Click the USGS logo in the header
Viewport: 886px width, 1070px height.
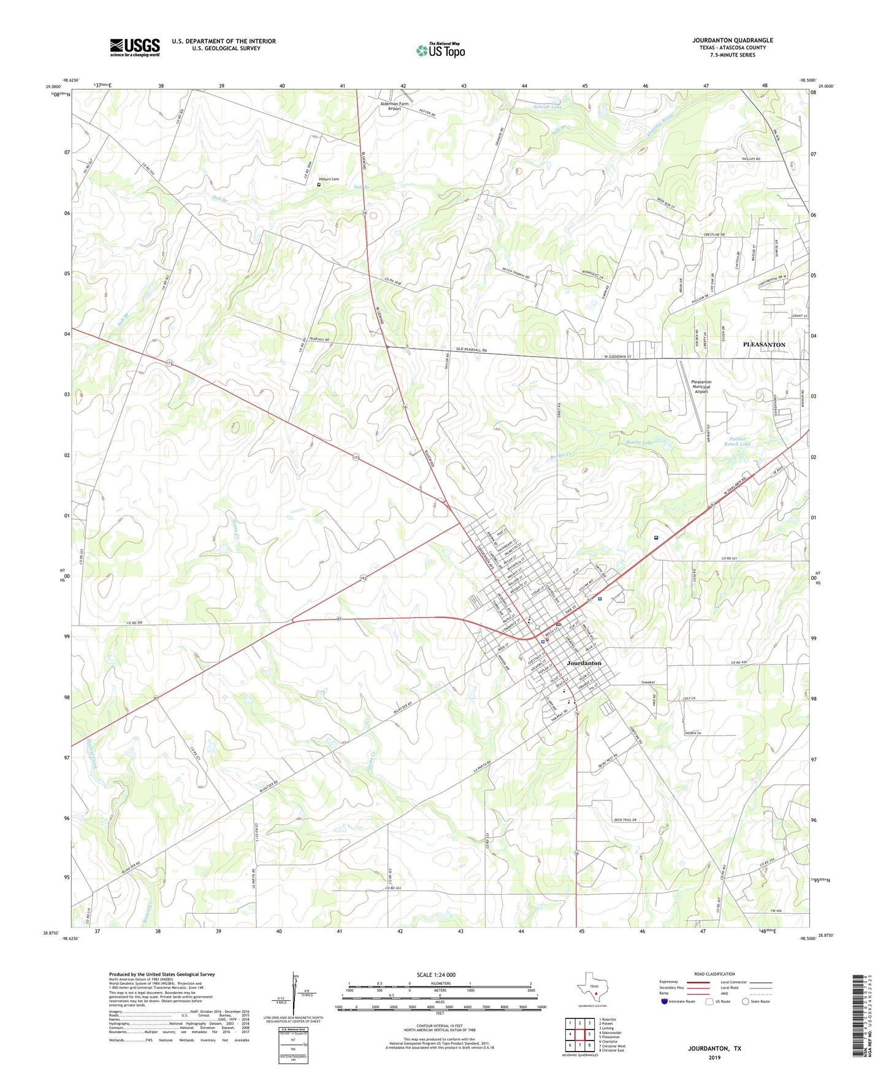[134, 47]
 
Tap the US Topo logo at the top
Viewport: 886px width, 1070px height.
[440, 50]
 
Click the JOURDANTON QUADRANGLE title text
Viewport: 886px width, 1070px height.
[733, 40]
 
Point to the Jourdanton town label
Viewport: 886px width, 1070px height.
[584, 663]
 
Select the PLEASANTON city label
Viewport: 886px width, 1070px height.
[764, 344]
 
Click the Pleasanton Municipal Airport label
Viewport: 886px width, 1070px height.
[701, 387]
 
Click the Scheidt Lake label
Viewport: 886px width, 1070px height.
[547, 107]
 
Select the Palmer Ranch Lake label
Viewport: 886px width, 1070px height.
[737, 441]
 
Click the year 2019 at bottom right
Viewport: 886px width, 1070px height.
[714, 1057]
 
